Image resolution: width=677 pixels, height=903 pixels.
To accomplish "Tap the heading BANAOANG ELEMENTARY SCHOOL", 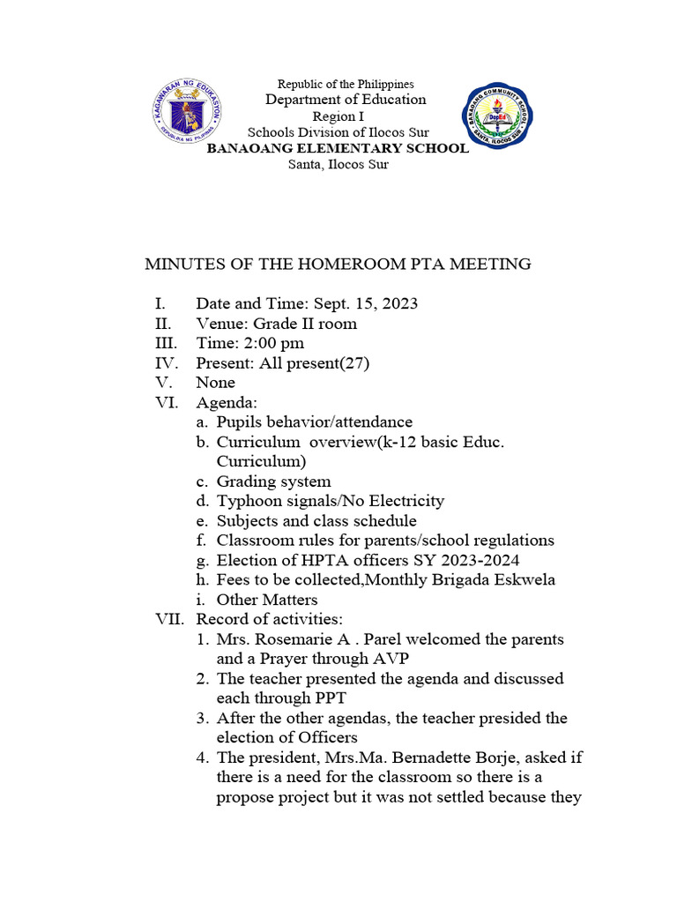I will tap(338, 148).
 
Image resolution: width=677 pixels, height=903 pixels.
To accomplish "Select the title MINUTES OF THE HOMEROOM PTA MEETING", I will tap(338, 264).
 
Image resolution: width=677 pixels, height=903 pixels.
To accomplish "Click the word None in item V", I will tap(215, 383).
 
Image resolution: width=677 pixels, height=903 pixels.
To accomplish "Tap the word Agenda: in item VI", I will tap(226, 403).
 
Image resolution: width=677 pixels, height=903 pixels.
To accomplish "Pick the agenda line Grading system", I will tap(273, 481).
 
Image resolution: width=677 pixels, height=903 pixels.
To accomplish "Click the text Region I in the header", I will tap(338, 116).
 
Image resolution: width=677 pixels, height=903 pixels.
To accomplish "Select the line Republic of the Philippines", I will tap(346, 84).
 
